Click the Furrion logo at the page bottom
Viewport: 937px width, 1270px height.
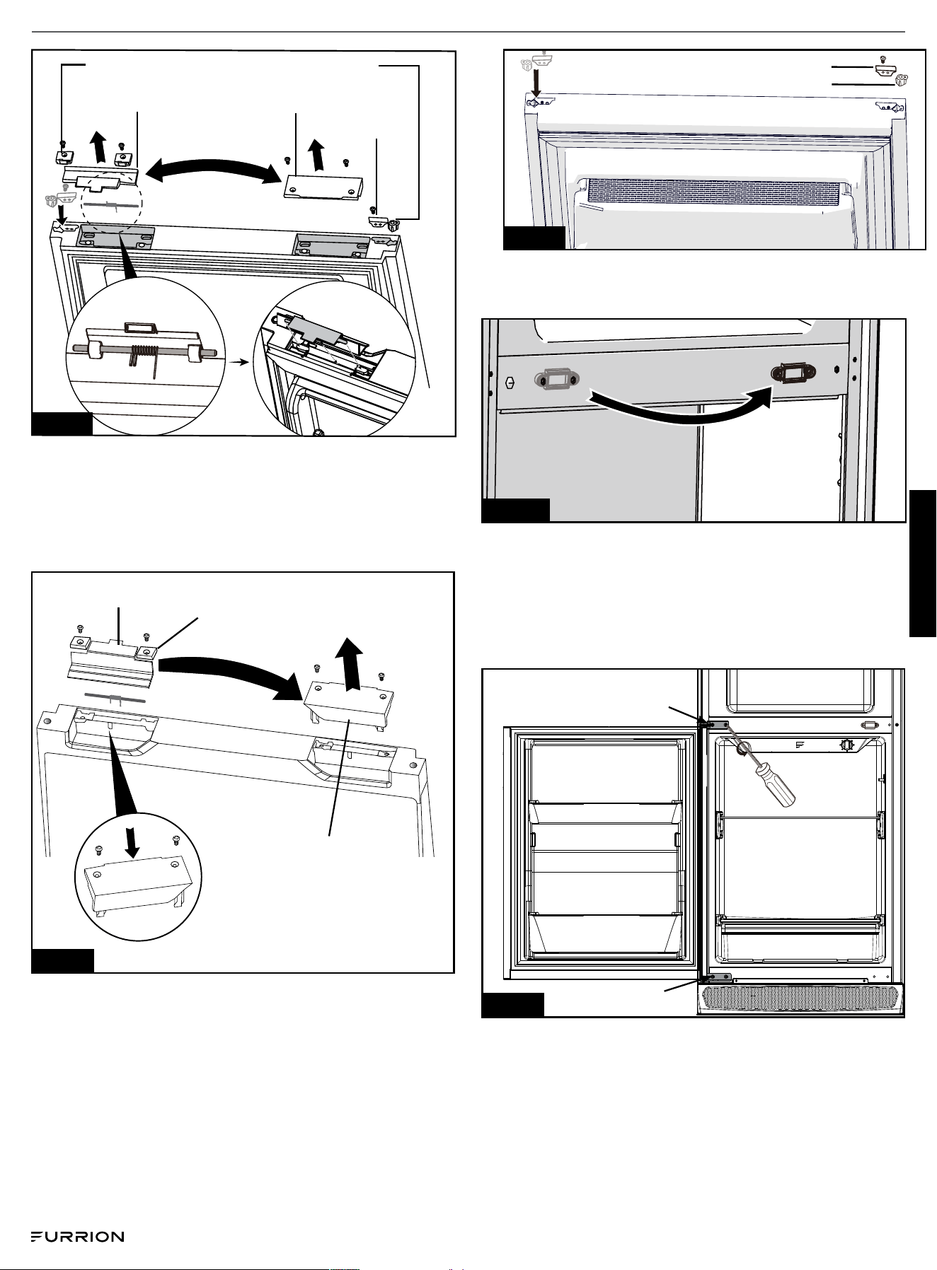[x=77, y=1237]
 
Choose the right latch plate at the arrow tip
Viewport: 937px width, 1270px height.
[x=792, y=373]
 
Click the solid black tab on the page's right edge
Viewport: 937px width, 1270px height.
[x=923, y=564]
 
